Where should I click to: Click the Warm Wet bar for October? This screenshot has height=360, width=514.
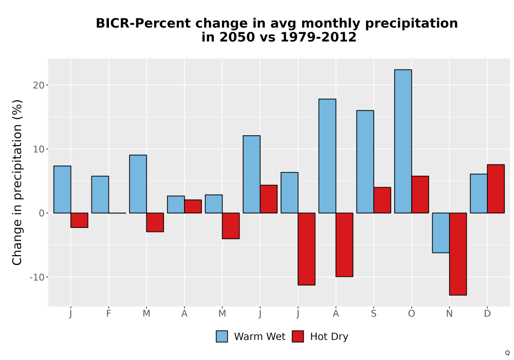[x=403, y=141]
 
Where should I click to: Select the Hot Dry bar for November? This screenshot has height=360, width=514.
[x=458, y=254]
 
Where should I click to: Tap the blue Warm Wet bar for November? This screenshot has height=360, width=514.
[x=441, y=233]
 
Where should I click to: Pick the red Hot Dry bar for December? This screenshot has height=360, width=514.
[x=495, y=189]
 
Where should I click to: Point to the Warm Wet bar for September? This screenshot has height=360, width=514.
[x=365, y=161]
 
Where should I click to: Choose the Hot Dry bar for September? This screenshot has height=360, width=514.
[x=382, y=201]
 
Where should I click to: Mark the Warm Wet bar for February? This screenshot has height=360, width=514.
[x=100, y=194]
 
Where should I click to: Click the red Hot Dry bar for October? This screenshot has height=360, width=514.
[x=420, y=194]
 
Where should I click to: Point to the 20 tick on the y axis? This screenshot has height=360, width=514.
[x=46, y=85]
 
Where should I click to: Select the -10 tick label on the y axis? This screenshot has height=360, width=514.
[x=36, y=277]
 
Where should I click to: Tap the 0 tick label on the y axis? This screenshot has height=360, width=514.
[x=41, y=213]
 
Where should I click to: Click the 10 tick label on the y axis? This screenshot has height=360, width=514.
[x=39, y=149]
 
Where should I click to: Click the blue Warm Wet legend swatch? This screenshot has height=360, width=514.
[x=222, y=336]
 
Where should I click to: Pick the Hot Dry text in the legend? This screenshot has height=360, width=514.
[x=329, y=337]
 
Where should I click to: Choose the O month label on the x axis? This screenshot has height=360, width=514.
[x=411, y=314]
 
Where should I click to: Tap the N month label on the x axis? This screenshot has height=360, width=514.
[x=449, y=314]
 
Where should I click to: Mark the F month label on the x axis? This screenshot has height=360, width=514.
[x=108, y=314]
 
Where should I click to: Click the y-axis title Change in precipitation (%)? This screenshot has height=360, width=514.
[x=17, y=182]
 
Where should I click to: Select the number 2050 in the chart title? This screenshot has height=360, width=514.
[x=237, y=37]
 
